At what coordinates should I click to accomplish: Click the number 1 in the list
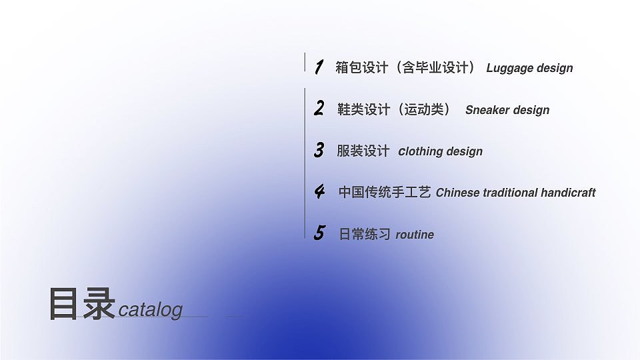319,67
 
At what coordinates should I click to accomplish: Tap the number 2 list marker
319,109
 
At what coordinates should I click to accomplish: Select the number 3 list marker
319,150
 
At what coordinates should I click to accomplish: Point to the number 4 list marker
320,192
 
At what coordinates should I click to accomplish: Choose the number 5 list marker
319,233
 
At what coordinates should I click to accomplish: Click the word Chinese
457,193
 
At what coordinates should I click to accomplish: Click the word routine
415,235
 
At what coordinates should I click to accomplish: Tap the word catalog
150,310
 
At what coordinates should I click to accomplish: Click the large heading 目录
82,305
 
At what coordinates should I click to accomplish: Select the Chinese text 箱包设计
361,67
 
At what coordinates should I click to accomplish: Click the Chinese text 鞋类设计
363,109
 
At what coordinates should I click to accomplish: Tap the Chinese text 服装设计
363,151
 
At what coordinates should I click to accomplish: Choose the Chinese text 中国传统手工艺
385,193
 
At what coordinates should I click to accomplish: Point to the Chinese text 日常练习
365,234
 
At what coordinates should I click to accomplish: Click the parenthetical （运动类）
424,109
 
